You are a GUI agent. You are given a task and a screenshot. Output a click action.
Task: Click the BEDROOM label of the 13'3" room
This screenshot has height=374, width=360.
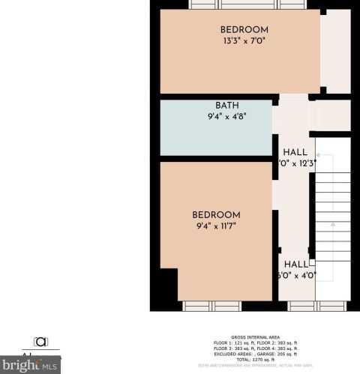[244, 30]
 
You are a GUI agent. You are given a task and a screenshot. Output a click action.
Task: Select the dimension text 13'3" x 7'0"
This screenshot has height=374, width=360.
[244, 42]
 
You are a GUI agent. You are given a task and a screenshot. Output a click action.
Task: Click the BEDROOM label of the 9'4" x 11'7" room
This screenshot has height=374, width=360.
[216, 214]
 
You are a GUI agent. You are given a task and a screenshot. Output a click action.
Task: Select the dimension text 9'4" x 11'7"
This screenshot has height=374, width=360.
[216, 226]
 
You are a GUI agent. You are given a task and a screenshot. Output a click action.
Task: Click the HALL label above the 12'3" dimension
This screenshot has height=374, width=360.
[295, 151]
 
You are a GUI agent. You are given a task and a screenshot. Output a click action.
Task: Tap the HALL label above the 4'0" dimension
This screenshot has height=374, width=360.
[296, 264]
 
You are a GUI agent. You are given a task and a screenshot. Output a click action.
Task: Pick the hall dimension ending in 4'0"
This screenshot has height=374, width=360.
[296, 275]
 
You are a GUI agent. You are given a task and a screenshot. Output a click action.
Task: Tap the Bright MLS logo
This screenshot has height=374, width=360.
[30, 366]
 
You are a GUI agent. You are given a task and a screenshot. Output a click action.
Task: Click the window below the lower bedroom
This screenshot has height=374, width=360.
[211, 306]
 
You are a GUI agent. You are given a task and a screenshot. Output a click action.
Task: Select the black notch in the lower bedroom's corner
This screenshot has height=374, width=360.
[169, 285]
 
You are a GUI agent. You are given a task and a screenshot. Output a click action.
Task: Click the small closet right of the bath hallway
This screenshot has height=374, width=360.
[331, 116]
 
